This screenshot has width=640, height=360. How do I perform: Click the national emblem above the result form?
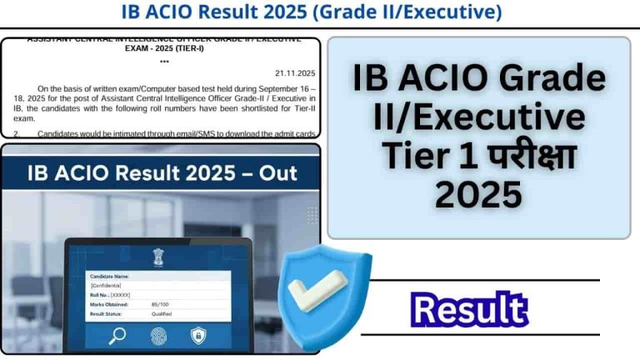tap(158, 256)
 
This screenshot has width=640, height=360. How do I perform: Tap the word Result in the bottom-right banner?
tap(470, 309)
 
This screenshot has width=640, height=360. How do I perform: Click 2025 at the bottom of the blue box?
tap(478, 196)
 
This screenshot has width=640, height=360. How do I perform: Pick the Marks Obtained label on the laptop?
tap(112, 304)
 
